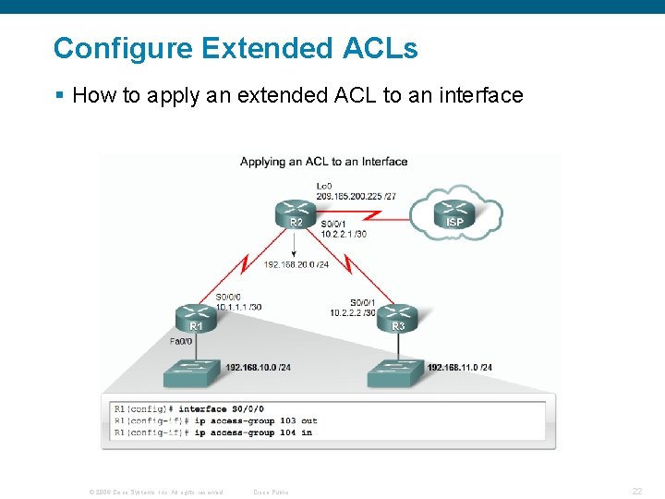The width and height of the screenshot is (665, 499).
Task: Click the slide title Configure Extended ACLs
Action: [236, 48]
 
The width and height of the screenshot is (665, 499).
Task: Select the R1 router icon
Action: [197, 317]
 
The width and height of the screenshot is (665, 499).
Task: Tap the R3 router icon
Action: [398, 317]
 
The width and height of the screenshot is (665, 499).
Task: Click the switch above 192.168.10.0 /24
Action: [194, 372]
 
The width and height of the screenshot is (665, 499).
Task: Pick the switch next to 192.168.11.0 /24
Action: [396, 372]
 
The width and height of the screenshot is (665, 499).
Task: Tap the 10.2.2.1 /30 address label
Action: [344, 234]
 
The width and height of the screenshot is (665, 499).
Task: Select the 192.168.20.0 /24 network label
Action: [296, 265]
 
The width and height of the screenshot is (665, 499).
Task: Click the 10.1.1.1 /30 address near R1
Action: [238, 307]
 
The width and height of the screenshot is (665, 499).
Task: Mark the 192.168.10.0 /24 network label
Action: [259, 367]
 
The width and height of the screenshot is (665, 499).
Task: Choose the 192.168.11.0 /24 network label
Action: [460, 367]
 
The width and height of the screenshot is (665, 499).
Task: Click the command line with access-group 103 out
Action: [215, 420]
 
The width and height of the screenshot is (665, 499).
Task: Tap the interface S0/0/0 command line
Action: [188, 408]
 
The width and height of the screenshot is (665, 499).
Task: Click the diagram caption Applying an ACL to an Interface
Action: [323, 162]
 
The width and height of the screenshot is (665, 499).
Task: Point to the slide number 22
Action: [637, 492]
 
